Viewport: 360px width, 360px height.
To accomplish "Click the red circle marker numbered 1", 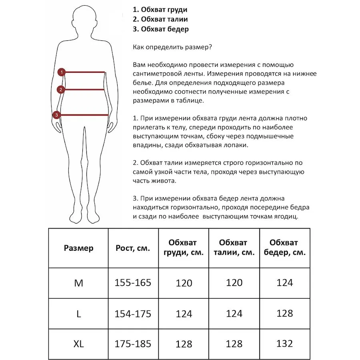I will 61,72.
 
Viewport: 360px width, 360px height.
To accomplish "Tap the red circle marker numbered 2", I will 61,90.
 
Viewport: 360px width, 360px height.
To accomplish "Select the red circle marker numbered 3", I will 57,115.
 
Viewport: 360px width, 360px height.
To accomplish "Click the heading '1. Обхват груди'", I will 160,10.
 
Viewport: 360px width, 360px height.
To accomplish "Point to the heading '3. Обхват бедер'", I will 161,29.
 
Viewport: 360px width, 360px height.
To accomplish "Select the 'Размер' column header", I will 78,248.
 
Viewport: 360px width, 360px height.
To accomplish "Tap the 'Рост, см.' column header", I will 133,248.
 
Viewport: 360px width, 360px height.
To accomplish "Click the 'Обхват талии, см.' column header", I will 234,248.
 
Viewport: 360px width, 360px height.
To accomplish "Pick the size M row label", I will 78,283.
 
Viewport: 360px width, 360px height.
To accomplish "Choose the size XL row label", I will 78,344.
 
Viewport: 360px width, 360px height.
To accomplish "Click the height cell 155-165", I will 133,283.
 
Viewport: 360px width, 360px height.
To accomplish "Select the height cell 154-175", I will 133,314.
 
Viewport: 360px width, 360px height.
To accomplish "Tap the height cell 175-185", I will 133,344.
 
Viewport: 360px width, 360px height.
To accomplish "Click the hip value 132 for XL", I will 284,343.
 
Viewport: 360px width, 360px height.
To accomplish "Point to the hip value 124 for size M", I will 284,283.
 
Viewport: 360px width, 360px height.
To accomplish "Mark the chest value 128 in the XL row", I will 184,344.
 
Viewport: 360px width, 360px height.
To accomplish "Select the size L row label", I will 78,314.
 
